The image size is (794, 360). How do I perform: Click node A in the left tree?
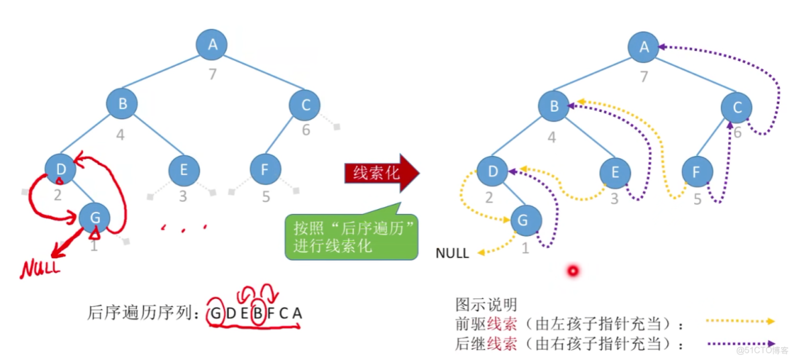click(212, 44)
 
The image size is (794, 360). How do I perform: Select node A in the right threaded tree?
click(644, 47)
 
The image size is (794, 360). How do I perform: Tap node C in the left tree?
click(305, 105)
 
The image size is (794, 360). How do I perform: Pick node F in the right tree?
click(697, 172)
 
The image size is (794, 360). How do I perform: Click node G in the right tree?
click(526, 221)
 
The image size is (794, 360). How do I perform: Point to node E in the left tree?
click(183, 170)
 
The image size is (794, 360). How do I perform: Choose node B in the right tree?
click(555, 106)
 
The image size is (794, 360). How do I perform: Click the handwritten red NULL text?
click(40, 268)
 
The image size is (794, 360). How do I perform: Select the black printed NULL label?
click(453, 253)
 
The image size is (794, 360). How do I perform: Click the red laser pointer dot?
click(573, 271)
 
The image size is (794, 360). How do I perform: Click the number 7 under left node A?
click(213, 74)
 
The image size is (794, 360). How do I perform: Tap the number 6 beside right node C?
click(737, 133)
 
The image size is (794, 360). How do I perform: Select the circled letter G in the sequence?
click(215, 312)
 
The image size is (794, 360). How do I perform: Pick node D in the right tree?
click(494, 172)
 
